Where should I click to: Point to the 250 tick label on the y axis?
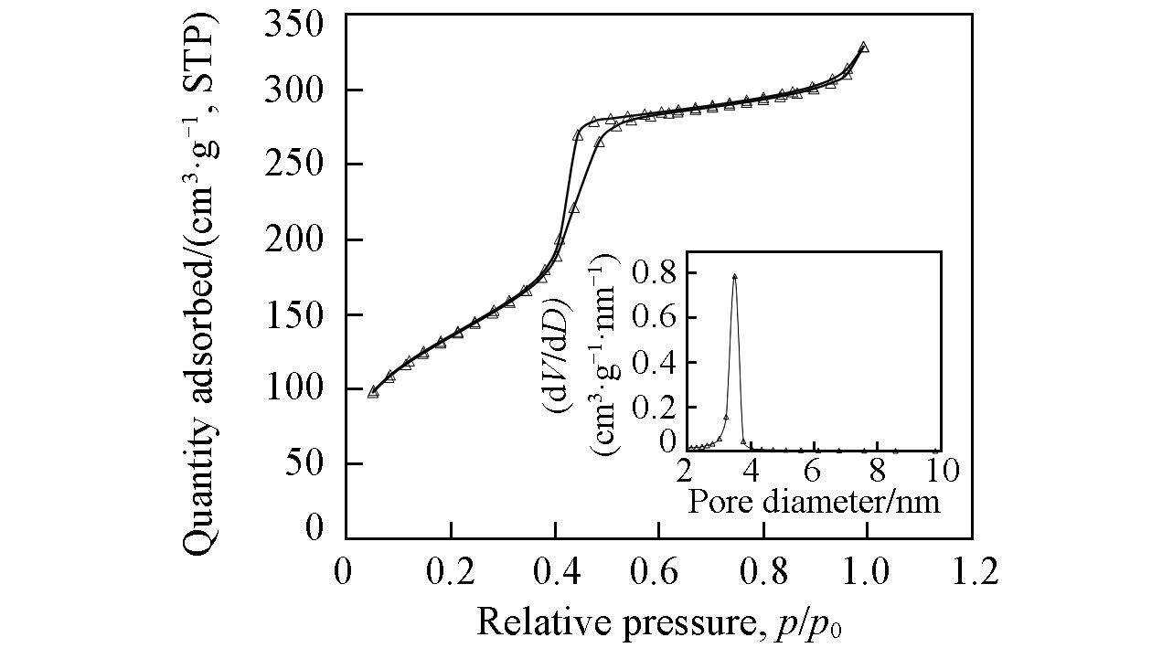click(295, 165)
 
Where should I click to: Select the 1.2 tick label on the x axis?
click(972, 573)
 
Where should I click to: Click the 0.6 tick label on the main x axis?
click(658, 573)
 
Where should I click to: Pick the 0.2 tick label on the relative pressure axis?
click(450, 573)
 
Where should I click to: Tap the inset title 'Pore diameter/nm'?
click(813, 502)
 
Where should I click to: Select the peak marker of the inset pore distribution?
click(734, 275)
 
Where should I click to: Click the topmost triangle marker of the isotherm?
click(863, 47)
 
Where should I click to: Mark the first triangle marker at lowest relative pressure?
click(373, 391)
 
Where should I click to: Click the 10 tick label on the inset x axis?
click(940, 472)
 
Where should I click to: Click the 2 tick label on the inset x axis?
click(687, 472)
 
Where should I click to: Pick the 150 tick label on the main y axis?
click(295, 314)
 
